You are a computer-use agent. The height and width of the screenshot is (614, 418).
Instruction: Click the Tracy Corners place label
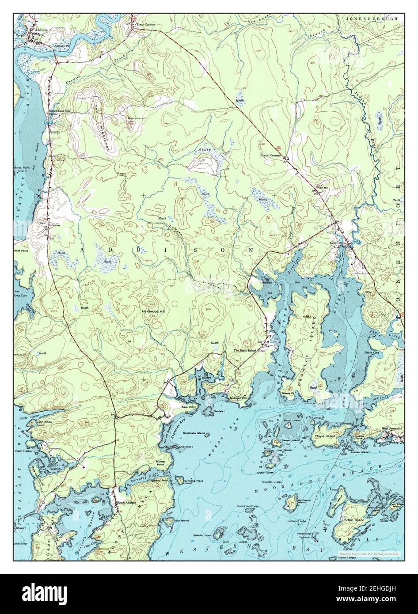point(145,25)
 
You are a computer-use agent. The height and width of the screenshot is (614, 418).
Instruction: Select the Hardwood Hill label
point(153,311)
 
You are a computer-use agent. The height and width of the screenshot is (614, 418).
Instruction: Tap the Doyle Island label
point(325,436)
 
